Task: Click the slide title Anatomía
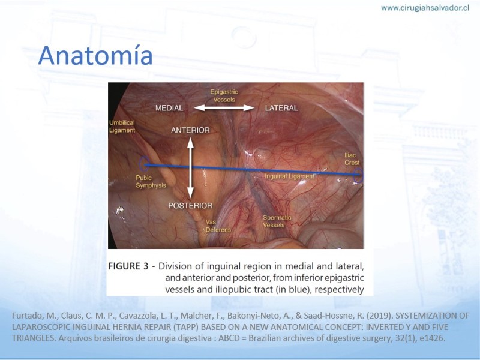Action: tap(95, 55)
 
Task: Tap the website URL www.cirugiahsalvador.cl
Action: tap(425, 8)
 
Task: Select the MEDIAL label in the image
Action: tap(169, 108)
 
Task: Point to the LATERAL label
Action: tap(281, 108)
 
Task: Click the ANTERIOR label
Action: tap(190, 130)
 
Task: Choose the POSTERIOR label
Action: tap(190, 205)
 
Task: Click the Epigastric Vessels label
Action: tap(224, 95)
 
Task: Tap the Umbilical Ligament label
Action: tap(122, 127)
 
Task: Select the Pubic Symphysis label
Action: tap(151, 182)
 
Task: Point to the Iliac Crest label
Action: tap(352, 159)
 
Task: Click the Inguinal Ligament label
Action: tap(290, 176)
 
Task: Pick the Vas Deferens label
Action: tap(218, 226)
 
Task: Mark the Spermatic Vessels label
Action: tap(277, 221)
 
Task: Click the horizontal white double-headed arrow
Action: tap(224, 108)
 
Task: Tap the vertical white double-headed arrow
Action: tap(190, 168)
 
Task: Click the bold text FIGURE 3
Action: tap(128, 266)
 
